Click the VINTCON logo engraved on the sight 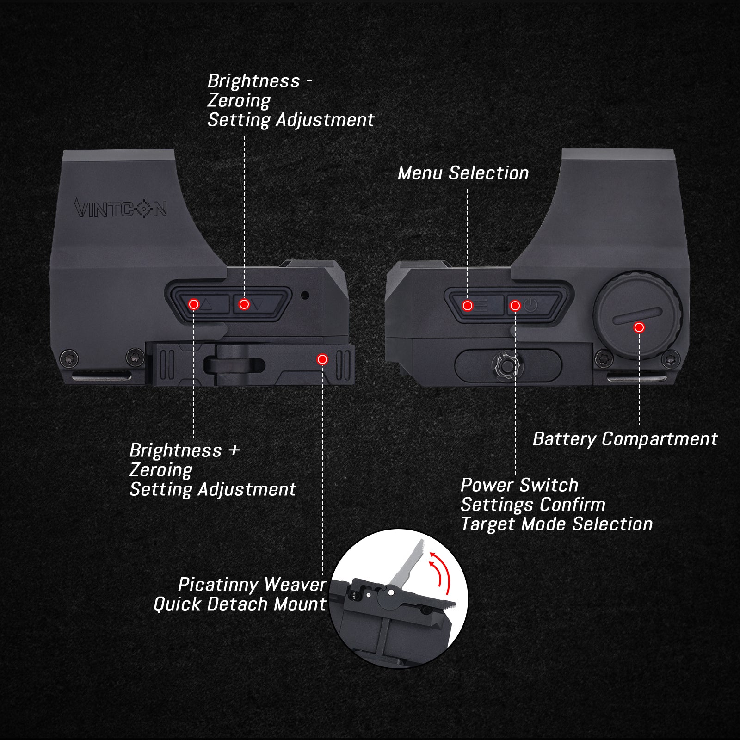[121, 208]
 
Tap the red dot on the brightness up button [194, 304]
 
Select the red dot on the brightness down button [244, 304]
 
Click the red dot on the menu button [468, 306]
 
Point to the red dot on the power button [515, 306]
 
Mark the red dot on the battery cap [639, 327]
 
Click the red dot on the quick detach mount [322, 359]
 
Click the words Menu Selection [463, 173]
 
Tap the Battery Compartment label [625, 439]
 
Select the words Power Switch [519, 485]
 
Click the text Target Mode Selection [557, 524]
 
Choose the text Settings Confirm [533, 505]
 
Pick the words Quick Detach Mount [240, 604]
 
